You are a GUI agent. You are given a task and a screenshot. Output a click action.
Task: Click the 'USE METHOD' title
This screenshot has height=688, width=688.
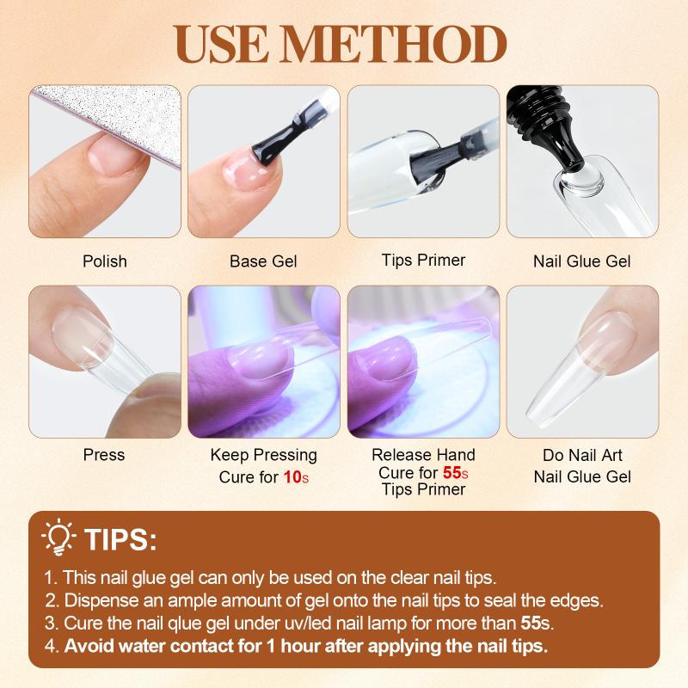point(340,44)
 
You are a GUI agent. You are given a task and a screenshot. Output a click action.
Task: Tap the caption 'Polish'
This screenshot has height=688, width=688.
point(105,261)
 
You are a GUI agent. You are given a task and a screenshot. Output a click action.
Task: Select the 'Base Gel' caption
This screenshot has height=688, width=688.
point(263,261)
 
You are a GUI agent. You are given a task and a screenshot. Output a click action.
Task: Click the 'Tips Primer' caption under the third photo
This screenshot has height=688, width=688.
point(423,261)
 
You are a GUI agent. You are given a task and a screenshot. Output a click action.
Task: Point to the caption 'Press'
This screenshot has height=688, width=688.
point(104,455)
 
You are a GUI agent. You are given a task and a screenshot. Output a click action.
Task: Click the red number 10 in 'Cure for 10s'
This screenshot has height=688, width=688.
point(292,477)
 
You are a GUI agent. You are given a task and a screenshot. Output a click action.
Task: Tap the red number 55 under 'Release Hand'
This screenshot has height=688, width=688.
point(452,472)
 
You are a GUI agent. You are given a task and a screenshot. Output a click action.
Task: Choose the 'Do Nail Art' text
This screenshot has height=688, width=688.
point(582,455)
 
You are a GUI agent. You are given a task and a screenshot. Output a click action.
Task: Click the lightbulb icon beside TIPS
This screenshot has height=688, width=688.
point(58,537)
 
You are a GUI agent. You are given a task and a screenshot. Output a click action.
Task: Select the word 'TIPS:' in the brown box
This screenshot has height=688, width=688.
point(120,539)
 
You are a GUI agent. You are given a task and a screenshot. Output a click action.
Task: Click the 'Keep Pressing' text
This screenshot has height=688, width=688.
point(264,455)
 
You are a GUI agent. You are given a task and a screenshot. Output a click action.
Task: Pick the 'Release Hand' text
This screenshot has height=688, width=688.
point(423,455)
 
